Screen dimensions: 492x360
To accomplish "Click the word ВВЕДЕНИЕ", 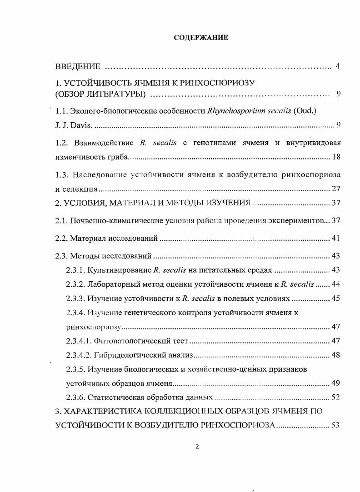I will [78, 67].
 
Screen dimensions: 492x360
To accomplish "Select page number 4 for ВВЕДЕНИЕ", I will [338, 67].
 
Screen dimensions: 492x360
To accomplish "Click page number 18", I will [336, 157].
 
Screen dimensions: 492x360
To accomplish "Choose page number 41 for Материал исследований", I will [336, 238].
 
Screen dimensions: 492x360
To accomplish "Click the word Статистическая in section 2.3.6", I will [115, 397].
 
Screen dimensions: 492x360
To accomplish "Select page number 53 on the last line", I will [336, 425].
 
